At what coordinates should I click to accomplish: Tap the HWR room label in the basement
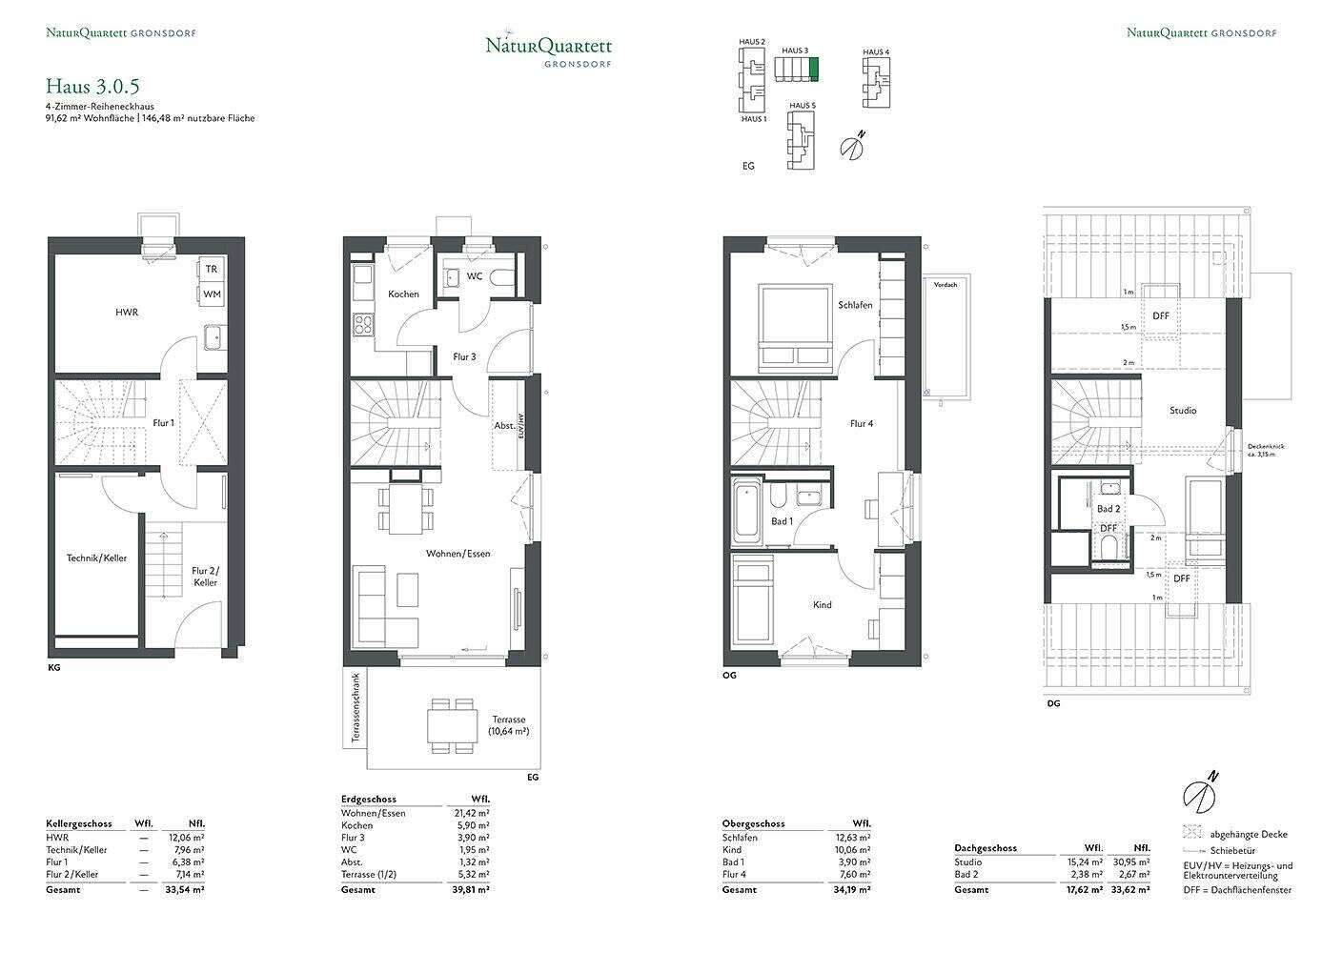127,312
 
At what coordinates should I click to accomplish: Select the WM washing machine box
212,294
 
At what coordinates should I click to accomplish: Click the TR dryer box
212,270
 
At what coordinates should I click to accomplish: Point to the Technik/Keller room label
96,558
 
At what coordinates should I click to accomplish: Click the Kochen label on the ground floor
403,294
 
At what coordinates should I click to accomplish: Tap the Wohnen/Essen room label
458,553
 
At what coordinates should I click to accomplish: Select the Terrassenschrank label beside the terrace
356,708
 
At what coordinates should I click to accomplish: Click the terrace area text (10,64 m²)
509,726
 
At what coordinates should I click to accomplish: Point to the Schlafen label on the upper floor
855,305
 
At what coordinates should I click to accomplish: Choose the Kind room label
822,605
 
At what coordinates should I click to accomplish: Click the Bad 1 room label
782,521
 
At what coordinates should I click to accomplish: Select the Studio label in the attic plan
1183,411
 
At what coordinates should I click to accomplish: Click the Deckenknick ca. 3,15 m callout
1266,450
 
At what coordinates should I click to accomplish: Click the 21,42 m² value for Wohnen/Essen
472,813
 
